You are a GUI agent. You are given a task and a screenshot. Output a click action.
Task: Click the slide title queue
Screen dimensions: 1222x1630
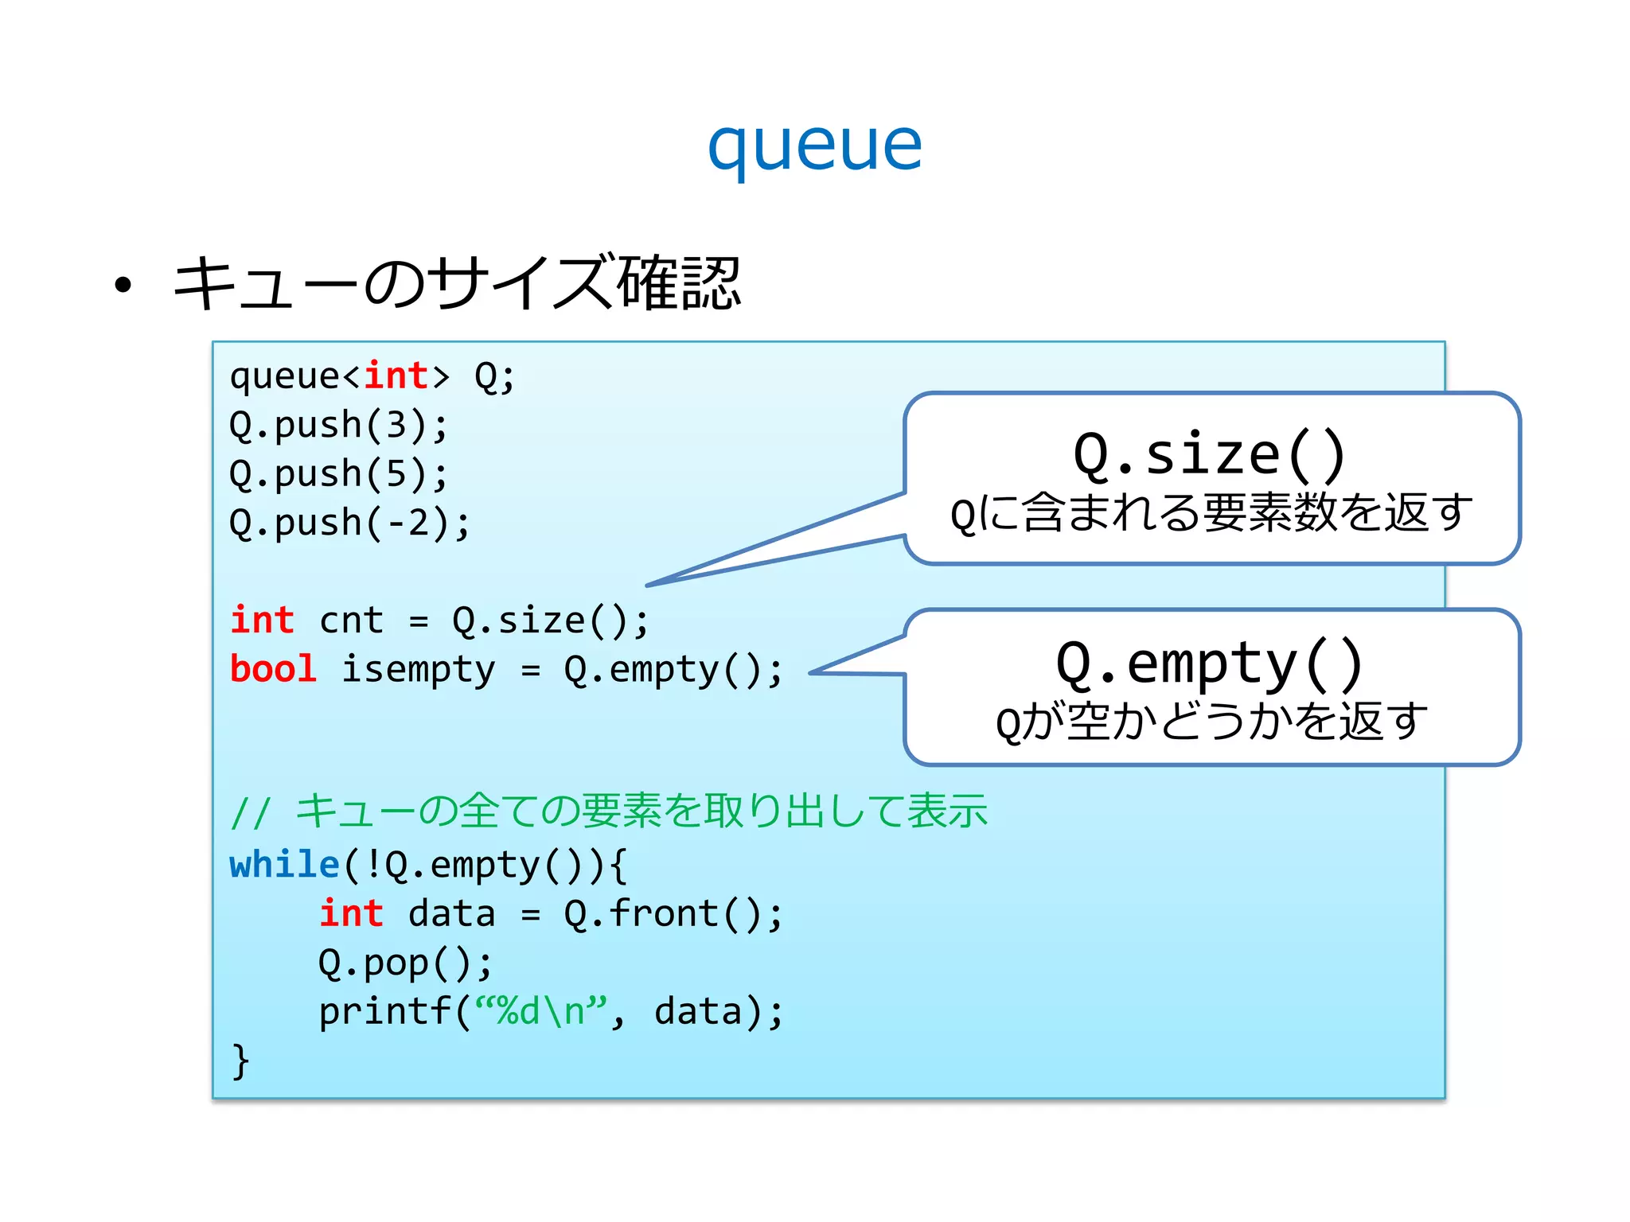point(814,147)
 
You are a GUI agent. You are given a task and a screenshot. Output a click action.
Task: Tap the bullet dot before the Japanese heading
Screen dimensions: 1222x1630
point(123,286)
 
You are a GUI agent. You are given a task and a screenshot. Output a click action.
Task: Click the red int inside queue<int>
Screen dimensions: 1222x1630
point(396,376)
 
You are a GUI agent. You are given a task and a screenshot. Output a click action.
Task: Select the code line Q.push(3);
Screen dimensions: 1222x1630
point(338,425)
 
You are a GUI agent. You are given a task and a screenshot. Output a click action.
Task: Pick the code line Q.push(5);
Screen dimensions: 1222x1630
point(338,474)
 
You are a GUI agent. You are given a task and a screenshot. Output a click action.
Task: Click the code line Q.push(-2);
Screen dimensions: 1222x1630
point(349,523)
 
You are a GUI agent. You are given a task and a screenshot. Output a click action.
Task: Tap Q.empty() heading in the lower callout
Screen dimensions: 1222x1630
point(1210,664)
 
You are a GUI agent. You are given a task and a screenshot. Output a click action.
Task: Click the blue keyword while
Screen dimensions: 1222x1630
point(284,865)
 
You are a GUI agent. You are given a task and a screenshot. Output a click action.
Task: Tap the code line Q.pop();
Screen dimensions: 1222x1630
point(405,963)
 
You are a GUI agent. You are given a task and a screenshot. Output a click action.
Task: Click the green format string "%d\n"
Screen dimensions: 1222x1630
point(541,1012)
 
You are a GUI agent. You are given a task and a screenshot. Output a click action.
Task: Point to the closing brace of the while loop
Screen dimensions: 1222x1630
point(240,1061)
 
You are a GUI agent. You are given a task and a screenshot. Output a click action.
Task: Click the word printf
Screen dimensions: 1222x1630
point(385,1012)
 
